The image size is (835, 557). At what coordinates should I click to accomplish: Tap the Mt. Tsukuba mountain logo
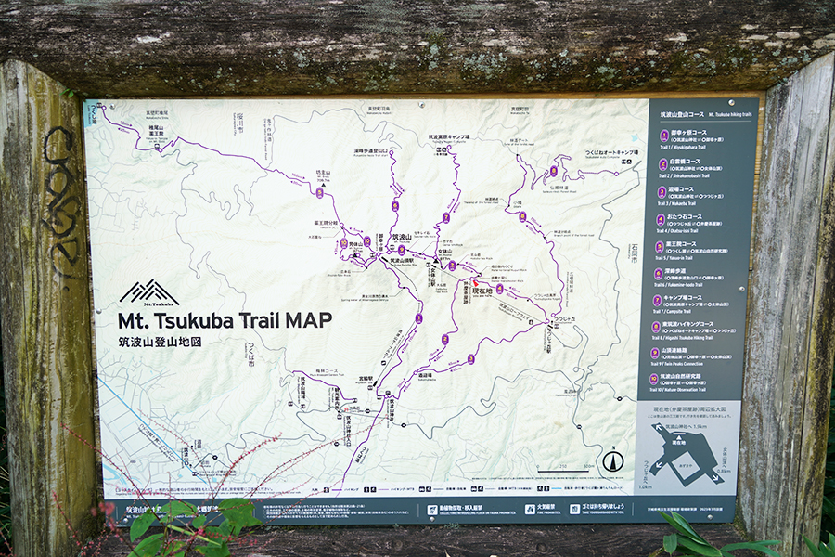click(x=148, y=292)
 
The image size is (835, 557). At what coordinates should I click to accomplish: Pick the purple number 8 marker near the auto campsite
click(x=554, y=171)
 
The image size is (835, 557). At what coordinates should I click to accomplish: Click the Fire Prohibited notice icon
click(x=525, y=509)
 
